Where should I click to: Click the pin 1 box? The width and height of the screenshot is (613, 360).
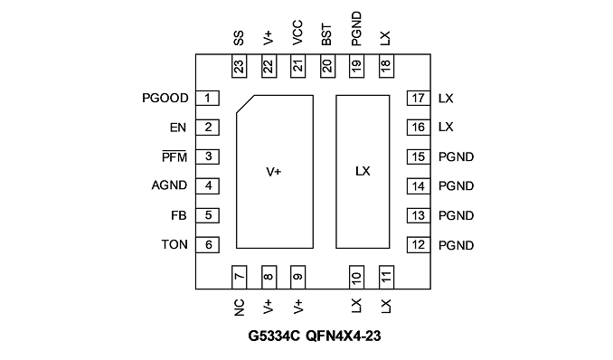[207, 98]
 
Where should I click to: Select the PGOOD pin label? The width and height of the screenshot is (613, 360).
[165, 99]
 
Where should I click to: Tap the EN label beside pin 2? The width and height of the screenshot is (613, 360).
[178, 128]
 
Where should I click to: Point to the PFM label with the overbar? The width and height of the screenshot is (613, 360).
[174, 156]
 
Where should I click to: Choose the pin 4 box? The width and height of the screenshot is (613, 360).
[207, 185]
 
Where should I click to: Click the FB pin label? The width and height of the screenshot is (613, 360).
[179, 215]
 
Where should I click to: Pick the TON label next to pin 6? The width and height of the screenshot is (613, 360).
[174, 244]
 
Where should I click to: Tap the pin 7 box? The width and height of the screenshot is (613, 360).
[240, 278]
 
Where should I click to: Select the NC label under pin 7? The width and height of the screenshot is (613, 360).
[240, 308]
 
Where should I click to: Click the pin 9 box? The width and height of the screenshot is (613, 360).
[297, 278]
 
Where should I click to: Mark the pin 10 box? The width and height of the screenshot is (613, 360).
[356, 278]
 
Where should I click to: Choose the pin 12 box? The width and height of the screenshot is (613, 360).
[419, 245]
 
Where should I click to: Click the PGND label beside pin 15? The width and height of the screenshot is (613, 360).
[457, 156]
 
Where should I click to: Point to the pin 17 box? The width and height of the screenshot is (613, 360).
[419, 98]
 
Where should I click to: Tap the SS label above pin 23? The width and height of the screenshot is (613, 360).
[239, 38]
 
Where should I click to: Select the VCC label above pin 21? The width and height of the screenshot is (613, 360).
[297, 33]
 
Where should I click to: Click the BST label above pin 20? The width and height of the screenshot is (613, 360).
[326, 35]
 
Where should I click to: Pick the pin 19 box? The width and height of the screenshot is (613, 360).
[356, 66]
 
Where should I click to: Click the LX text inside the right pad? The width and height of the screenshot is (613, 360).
[363, 171]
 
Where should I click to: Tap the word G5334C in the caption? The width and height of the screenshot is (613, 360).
[275, 336]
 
